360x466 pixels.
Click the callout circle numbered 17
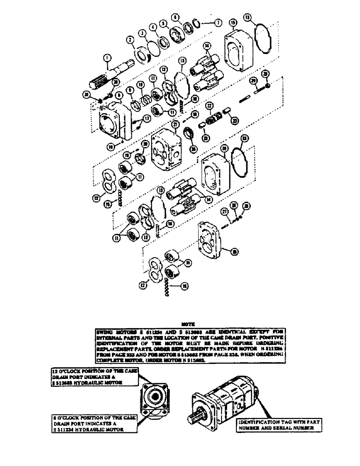[x=147, y=118]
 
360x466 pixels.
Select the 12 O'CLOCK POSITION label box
[x=91, y=377]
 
